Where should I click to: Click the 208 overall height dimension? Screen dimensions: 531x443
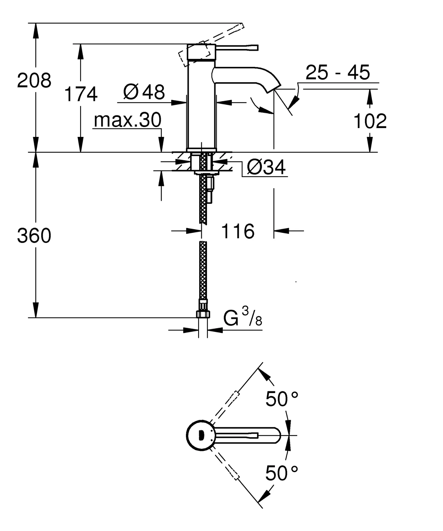coord(34,81)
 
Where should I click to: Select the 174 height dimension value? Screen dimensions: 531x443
coord(81,94)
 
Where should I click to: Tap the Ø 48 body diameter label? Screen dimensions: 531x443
coord(144,92)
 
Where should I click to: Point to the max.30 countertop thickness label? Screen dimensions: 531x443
coord(127,120)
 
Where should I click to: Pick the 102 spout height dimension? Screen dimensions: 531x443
coord(370,121)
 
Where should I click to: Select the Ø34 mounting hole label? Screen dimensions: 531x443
coord(266,167)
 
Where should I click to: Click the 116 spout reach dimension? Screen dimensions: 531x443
coord(238,231)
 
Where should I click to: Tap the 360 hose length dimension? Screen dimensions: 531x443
coord(34,236)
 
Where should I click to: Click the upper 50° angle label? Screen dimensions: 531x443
coord(281,399)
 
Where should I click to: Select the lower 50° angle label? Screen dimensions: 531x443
coord(281,473)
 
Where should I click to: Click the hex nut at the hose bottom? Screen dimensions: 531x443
coord(203,314)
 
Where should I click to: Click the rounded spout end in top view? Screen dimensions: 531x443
coord(276,436)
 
